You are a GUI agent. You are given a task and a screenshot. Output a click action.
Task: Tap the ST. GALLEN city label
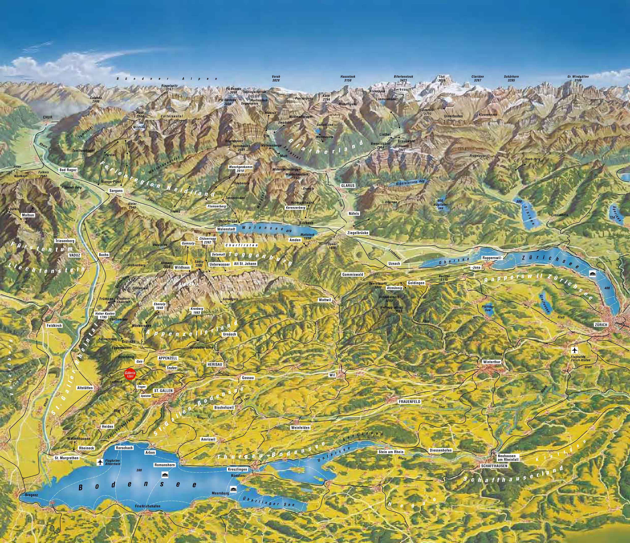[163, 390]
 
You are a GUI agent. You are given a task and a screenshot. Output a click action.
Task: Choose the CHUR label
[47, 117]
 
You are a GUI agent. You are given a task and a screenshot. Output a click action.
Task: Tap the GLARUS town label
[348, 185]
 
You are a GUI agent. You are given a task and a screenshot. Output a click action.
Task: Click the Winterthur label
[491, 362]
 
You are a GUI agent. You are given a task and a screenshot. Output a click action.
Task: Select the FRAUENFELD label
[409, 401]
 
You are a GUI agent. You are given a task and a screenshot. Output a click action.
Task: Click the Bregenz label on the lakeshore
[31, 495]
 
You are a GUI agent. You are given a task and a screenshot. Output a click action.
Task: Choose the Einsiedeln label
[559, 215]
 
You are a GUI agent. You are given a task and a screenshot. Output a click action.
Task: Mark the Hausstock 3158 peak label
[348, 79]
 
